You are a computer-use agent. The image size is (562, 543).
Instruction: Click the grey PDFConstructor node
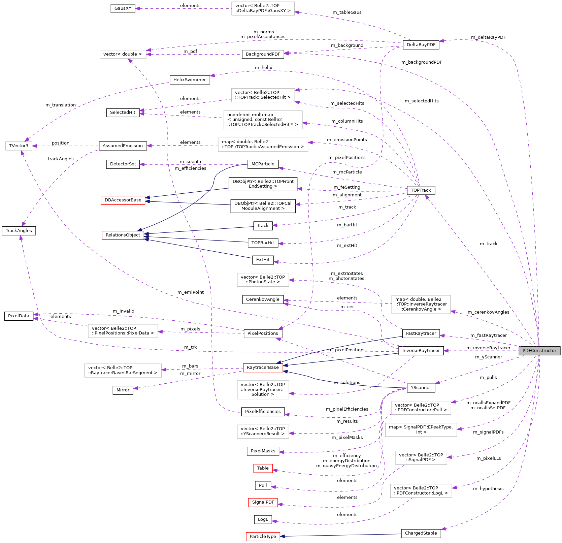[539, 351]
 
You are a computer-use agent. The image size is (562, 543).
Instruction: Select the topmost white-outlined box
[263, 8]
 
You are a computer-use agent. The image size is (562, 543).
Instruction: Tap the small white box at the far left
[19, 146]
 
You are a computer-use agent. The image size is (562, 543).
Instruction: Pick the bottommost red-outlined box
[263, 537]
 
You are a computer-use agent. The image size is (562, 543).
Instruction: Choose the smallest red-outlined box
[263, 468]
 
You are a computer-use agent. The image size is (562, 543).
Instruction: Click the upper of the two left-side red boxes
[123, 200]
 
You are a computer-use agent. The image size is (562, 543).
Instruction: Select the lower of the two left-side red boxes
[123, 235]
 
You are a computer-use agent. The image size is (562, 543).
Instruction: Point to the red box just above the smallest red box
[263, 451]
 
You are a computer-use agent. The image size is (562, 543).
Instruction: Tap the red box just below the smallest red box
[263, 503]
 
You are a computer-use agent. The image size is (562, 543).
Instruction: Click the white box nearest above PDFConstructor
[421, 305]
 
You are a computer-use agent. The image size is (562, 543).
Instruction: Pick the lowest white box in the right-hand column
[421, 491]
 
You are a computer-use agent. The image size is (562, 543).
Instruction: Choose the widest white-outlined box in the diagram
[263, 145]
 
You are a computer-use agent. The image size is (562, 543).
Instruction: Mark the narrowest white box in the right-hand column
[421, 458]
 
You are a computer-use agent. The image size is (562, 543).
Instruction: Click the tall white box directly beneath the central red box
[263, 390]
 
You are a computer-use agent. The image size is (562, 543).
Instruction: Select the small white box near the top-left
[123, 54]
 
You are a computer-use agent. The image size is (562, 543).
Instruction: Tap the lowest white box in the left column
[123, 371]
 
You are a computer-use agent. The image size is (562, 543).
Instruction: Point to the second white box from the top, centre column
[263, 95]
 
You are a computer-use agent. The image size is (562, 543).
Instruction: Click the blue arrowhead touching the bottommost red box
[283, 536]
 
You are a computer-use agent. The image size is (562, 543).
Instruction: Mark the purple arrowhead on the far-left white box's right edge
[34, 146]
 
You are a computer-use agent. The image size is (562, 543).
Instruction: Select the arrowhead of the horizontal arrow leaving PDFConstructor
[446, 351]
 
